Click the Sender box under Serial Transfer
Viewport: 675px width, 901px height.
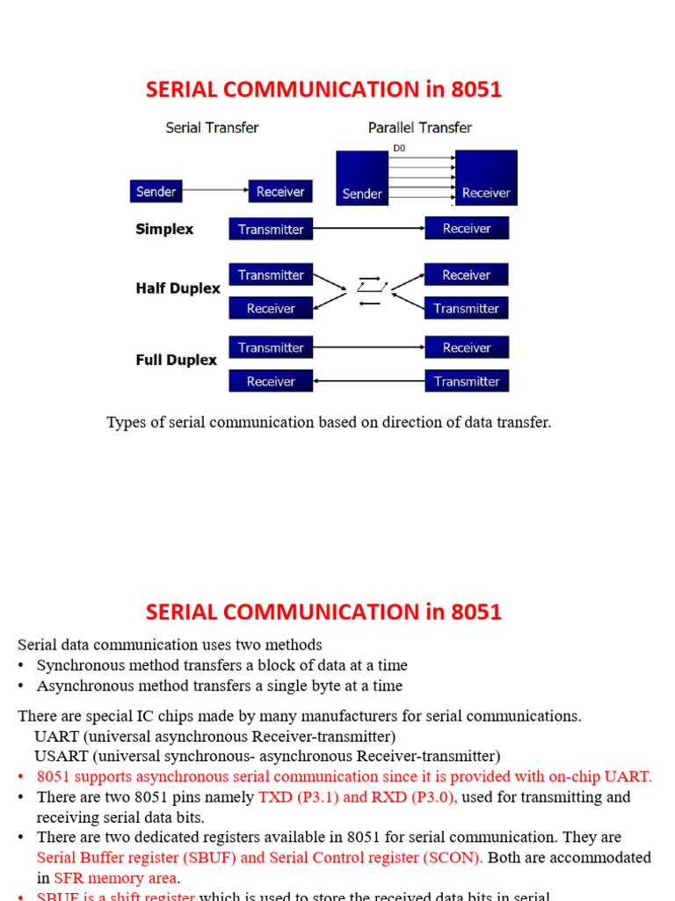[156, 191]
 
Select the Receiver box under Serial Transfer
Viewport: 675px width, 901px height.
[280, 191]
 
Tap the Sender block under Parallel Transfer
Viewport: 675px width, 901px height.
[362, 178]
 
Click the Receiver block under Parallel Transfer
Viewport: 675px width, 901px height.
[486, 178]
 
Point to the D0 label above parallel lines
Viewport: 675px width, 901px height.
[400, 149]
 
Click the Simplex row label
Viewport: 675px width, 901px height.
[164, 229]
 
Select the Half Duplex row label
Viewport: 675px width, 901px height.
[178, 289]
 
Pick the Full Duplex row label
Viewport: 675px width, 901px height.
[176, 360]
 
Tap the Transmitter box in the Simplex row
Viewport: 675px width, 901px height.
[271, 229]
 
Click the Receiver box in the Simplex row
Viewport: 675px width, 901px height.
[467, 228]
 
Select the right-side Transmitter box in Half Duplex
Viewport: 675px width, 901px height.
[467, 308]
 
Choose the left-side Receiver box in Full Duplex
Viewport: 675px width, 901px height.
[271, 381]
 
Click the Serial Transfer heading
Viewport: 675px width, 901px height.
[212, 128]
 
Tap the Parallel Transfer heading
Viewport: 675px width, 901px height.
[420, 128]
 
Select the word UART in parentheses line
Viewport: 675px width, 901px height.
[53, 736]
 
